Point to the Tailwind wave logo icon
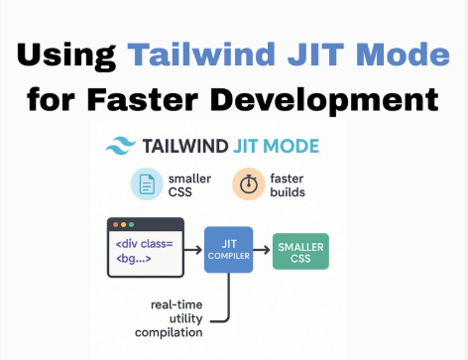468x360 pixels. [122, 147]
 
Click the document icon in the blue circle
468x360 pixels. [147, 183]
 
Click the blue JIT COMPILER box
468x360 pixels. [230, 249]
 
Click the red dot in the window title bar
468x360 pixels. [115, 225]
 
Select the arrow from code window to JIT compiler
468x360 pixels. [193, 249]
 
